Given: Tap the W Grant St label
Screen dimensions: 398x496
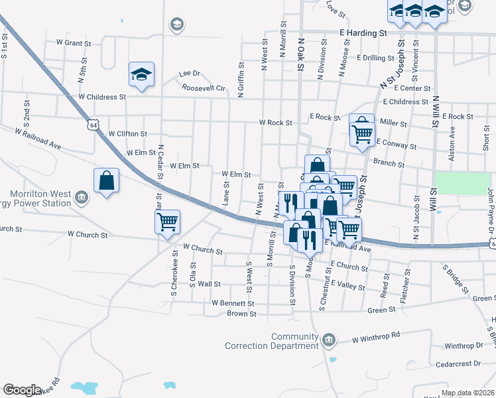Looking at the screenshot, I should (73, 42).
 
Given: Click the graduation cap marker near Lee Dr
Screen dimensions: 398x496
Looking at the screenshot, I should (141, 74).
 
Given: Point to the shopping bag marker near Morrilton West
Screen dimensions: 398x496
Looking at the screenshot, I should (106, 180).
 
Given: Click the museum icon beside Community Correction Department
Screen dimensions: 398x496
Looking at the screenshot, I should (328, 341).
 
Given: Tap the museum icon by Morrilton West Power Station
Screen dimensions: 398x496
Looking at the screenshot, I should (81, 197).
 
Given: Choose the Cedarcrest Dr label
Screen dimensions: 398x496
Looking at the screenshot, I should (458, 364).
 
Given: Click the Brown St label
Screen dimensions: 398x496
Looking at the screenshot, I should (241, 313).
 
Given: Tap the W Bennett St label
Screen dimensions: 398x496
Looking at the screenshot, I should (229, 302).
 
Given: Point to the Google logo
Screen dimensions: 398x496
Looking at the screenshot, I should (23, 390).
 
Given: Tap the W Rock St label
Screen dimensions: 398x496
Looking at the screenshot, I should (275, 123).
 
